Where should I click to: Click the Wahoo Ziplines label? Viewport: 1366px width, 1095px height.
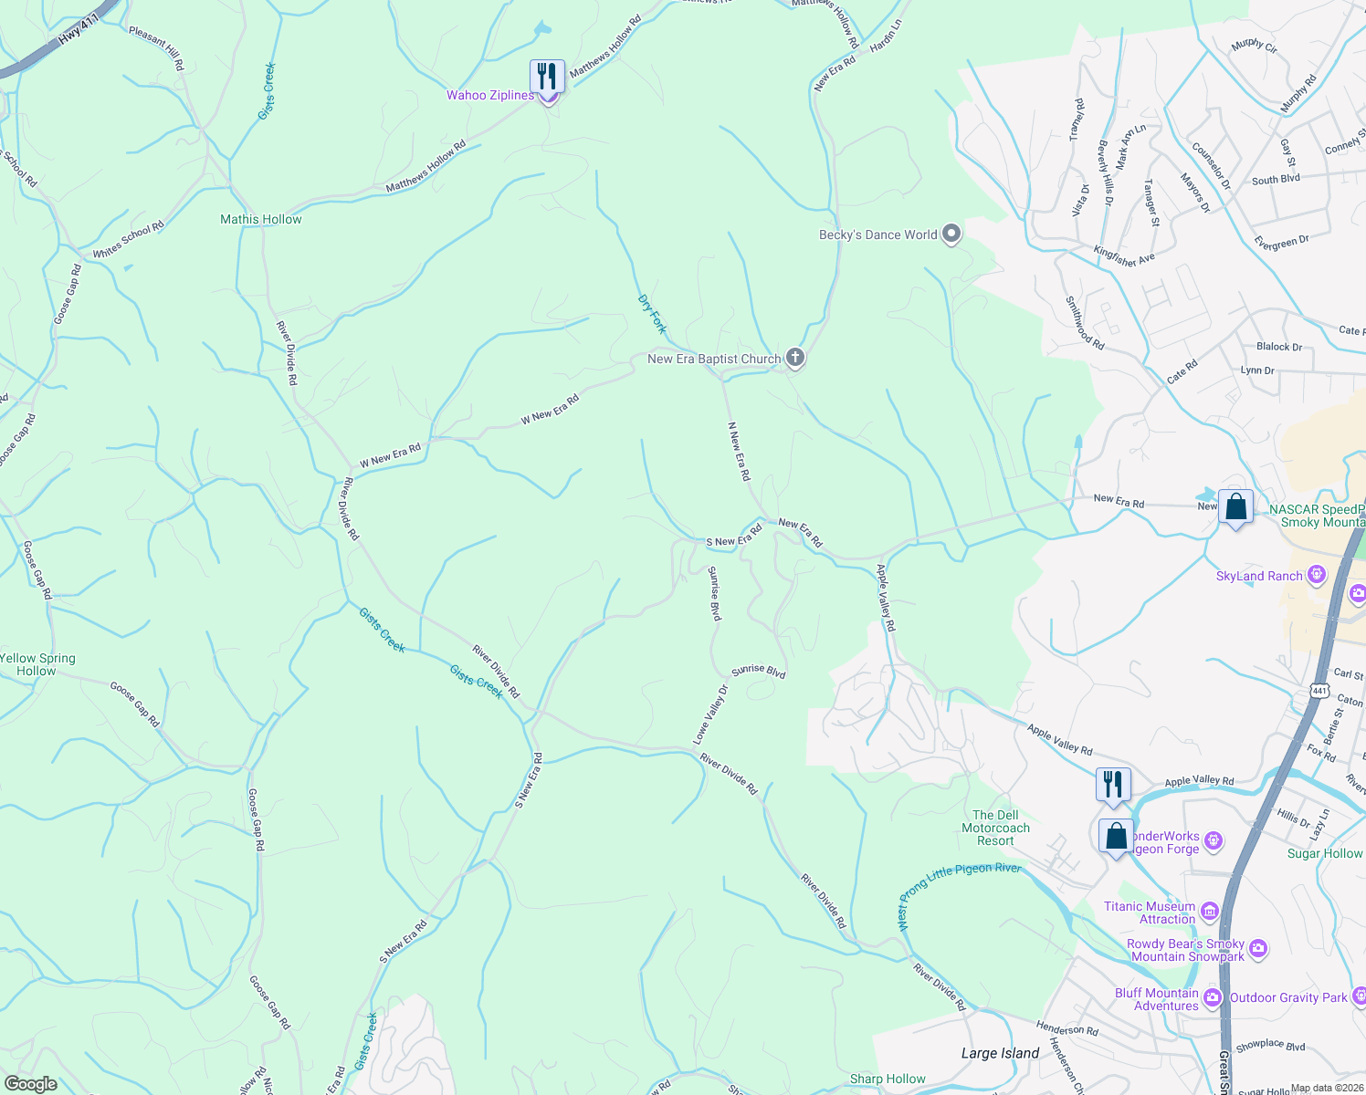click(489, 96)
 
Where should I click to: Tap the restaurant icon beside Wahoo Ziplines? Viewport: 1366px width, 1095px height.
click(547, 76)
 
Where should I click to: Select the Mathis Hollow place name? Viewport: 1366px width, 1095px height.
click(260, 220)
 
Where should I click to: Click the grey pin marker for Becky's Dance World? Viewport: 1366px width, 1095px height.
click(951, 235)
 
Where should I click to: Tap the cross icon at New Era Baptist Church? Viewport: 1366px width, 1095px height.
click(795, 359)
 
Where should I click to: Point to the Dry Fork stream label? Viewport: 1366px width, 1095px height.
click(652, 314)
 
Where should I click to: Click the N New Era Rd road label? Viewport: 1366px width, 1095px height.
click(739, 451)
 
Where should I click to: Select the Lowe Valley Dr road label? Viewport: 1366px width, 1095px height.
click(710, 714)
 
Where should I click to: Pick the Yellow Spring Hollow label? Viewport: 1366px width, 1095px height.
click(37, 664)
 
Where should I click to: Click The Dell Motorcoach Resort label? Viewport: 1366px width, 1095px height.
click(995, 828)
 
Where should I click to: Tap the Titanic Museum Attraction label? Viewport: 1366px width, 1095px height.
click(1150, 912)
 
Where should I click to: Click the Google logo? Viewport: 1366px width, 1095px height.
click(30, 1084)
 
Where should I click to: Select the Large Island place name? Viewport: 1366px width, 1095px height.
click(1000, 1053)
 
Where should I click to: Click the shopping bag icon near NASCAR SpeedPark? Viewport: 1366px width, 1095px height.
click(1235, 507)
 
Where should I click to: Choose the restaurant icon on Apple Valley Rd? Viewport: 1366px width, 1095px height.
click(1113, 785)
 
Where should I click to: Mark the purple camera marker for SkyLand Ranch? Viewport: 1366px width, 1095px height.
click(1316, 575)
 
